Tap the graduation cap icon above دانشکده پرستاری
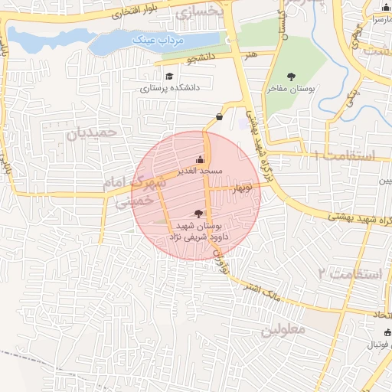[x=168, y=76]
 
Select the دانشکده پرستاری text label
[x=169, y=88]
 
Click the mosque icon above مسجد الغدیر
[x=201, y=159]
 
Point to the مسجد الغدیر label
[x=201, y=171]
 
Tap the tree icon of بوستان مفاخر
[x=291, y=77]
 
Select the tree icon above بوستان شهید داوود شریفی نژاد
[x=200, y=214]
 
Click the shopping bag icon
[x=220, y=117]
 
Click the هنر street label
[x=250, y=55]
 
